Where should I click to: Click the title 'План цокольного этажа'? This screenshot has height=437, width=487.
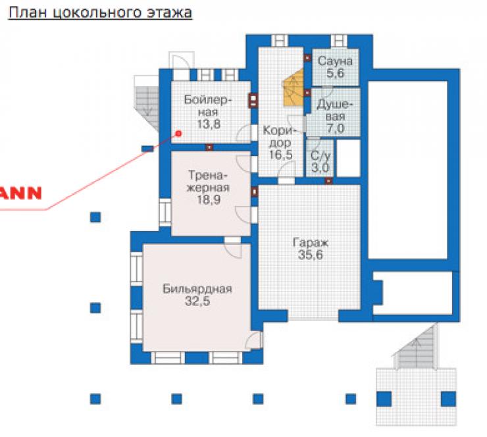tap(100, 13)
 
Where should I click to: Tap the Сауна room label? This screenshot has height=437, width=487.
tap(335, 61)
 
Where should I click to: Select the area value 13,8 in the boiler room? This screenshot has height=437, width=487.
tap(209, 124)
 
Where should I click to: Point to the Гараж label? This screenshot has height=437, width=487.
tap(311, 243)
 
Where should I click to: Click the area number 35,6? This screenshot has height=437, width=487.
tap(311, 255)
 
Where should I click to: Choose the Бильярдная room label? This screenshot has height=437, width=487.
tap(197, 289)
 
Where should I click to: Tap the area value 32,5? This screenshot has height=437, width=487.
tap(197, 301)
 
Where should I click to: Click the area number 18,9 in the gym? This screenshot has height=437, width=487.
tap(209, 199)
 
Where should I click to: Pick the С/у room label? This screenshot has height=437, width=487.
tap(320, 156)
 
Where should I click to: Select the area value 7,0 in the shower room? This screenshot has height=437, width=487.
tap(336, 128)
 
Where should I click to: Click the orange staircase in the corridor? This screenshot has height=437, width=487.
tap(294, 88)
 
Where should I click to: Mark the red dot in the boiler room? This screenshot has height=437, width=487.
tap(178, 134)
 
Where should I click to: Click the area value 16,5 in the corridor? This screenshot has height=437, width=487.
tap(281, 155)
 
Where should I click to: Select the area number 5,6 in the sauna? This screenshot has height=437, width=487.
tap(335, 73)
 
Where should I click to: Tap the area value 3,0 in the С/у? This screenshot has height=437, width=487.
tap(320, 168)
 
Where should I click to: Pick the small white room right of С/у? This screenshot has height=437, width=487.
tap(349, 159)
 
